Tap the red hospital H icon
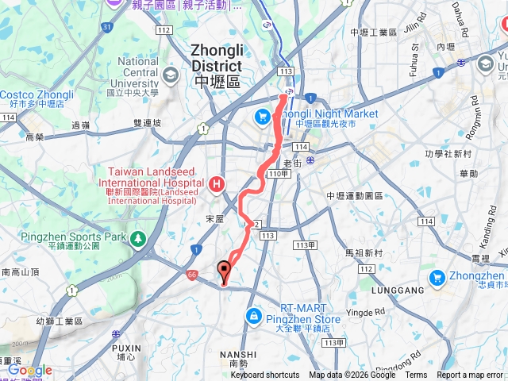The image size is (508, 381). click(x=217, y=185)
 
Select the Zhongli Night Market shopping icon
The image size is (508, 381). click(x=262, y=117)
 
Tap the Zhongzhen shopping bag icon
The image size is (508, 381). click(x=437, y=278)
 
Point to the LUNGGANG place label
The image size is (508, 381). click(x=398, y=291)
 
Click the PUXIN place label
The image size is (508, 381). click(x=127, y=348)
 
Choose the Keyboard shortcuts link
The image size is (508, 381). click(x=264, y=375)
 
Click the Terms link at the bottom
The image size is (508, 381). click(x=416, y=375)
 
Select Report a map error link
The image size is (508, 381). click(x=470, y=375)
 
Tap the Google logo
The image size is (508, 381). click(x=30, y=370)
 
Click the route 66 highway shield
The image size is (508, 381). click(x=192, y=275)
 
